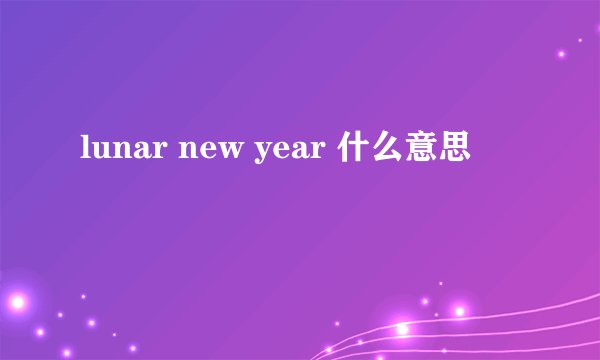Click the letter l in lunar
point(83,148)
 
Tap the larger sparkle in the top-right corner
point(562,53)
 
